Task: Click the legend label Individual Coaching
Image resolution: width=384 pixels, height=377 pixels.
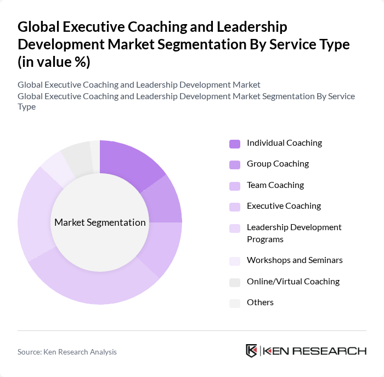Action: [x=284, y=143]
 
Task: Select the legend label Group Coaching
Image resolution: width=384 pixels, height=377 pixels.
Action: [x=278, y=164]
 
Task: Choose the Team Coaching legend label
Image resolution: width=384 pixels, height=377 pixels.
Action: [x=275, y=185]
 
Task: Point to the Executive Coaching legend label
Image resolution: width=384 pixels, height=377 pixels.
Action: [x=284, y=206]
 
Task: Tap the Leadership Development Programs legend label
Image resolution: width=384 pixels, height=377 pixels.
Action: [x=294, y=233]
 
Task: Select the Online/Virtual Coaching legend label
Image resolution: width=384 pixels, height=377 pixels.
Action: [x=293, y=282]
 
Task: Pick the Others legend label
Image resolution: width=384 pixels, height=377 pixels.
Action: [x=260, y=302]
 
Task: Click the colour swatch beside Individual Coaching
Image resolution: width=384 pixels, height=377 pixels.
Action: [x=234, y=144]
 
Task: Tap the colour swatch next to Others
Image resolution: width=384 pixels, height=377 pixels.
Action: [x=234, y=303]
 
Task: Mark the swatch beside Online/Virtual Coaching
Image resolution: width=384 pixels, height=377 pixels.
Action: [x=234, y=282]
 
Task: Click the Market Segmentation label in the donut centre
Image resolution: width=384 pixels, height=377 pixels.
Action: [x=100, y=222]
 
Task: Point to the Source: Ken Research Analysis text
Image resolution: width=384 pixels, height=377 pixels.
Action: [x=67, y=352]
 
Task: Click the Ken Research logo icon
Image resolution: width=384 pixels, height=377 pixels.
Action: [x=251, y=351]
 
